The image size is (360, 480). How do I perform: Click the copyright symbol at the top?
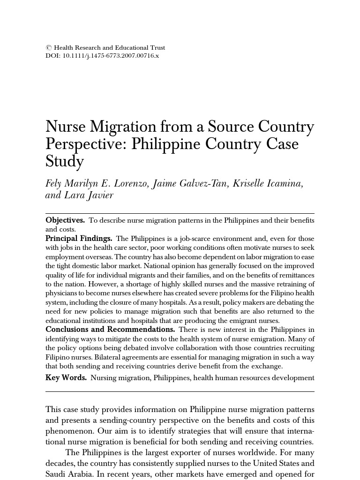coord(48,48)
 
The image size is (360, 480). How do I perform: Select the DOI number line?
coord(102,56)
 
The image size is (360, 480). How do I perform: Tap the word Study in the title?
coord(65,162)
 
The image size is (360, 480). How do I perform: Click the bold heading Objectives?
coord(65,220)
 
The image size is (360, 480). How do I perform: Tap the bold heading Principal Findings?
coord(79,239)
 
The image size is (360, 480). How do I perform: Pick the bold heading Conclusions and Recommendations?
coord(110,330)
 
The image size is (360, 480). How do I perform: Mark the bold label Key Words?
coord(66,378)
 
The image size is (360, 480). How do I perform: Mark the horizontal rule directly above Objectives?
coord(180,214)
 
